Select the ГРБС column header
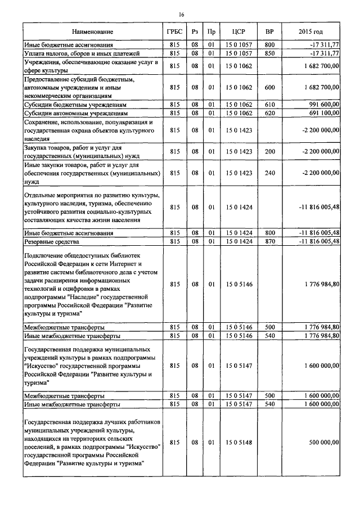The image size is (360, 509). tap(174, 31)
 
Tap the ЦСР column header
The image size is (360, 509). tap(238, 31)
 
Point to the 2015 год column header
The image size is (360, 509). tap(311, 31)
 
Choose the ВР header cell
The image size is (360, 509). tap(269, 31)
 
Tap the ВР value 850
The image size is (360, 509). tap(269, 53)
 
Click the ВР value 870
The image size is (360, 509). tap(269, 241)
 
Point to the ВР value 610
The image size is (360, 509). tap(269, 105)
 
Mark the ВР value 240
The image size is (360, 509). tap(269, 174)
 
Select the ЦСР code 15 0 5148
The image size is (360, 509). tap(238, 443)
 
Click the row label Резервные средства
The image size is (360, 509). tap(51, 241)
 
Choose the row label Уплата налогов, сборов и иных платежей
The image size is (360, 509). tap(82, 53)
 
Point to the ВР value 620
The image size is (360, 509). tap(269, 114)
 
